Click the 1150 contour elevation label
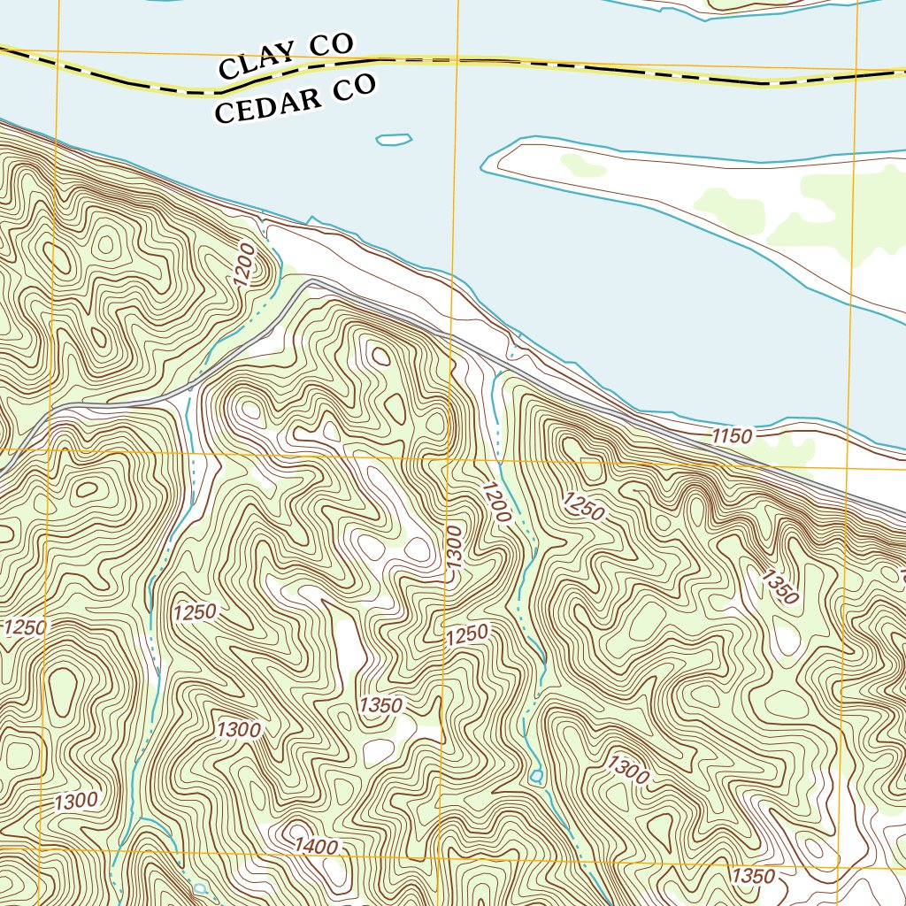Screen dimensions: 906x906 (x=732, y=436)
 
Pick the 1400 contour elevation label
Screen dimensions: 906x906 (x=317, y=848)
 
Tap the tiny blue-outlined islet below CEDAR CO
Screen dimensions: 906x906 (x=394, y=139)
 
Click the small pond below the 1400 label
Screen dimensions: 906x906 (x=200, y=887)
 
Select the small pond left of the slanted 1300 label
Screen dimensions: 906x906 (x=536, y=776)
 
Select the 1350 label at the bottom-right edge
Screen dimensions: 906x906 (x=754, y=876)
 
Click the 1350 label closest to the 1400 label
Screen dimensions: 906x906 (x=381, y=705)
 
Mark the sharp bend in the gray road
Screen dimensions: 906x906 (x=310, y=284)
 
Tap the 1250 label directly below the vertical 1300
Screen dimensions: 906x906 (x=466, y=634)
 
